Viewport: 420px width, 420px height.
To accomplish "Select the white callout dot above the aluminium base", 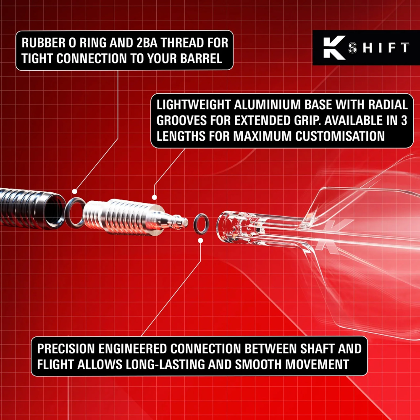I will [154, 197].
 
